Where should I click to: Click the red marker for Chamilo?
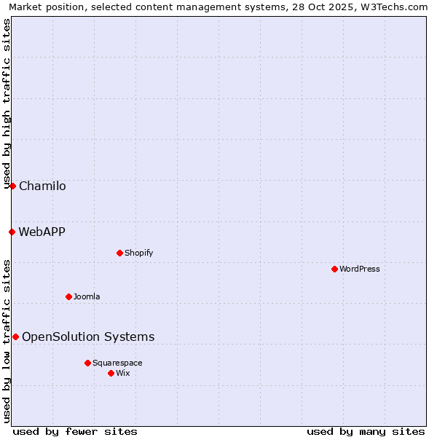[x=12, y=186]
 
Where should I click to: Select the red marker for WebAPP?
[x=12, y=232]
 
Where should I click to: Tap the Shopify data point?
[x=119, y=253]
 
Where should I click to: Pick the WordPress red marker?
[x=334, y=269]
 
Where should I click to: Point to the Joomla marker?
[x=68, y=296]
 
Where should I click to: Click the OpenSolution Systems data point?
[x=15, y=336]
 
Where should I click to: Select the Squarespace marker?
[x=87, y=363]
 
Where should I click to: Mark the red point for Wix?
[x=111, y=373]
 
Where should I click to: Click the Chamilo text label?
[x=42, y=186]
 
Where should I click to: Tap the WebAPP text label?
[x=42, y=232]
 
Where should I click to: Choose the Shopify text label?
[x=138, y=253]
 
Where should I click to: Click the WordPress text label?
[x=360, y=269]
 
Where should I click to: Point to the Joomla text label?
[x=87, y=296]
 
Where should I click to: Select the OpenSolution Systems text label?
[x=88, y=336]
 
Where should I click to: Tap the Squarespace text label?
[x=117, y=363]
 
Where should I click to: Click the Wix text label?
[x=123, y=373]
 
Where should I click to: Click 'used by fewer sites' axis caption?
[x=75, y=431]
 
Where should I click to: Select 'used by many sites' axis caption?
[x=366, y=431]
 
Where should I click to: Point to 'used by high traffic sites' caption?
[x=7, y=103]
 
